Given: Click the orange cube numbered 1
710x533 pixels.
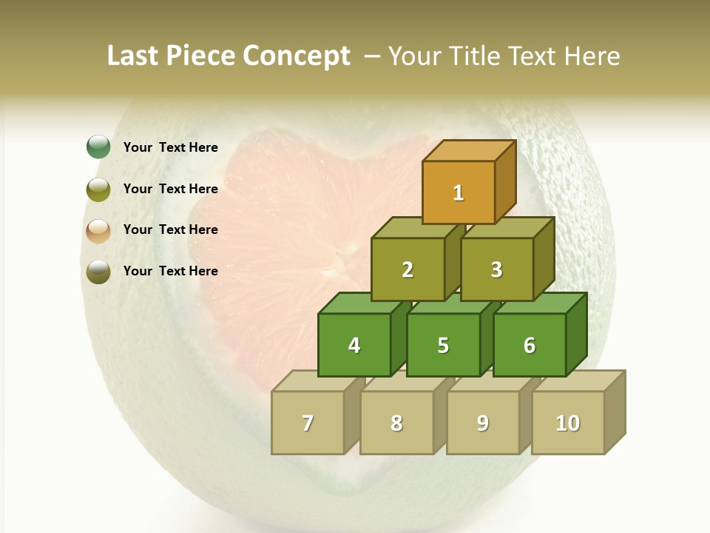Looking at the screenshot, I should click(458, 192).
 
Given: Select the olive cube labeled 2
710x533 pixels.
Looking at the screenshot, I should click(408, 269).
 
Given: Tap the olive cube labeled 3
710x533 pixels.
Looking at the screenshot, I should click(496, 269).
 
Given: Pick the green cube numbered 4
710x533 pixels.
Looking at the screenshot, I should click(354, 345).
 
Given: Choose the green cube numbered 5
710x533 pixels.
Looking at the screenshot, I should click(443, 345).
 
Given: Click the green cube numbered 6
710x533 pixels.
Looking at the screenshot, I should click(529, 345).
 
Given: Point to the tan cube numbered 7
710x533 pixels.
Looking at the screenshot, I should click(308, 423).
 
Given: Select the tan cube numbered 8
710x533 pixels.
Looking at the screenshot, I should click(396, 423).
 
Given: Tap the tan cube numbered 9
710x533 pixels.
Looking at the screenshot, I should click(482, 423).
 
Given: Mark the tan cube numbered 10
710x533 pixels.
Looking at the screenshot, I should click(567, 423).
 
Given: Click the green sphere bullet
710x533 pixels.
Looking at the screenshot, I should click(98, 147).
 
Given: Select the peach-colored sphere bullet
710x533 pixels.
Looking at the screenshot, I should click(98, 231).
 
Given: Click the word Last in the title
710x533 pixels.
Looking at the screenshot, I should click(133, 56).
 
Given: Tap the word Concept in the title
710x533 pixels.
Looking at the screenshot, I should click(297, 56).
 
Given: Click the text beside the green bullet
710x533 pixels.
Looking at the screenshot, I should click(170, 147).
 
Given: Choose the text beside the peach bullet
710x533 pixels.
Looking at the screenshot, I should click(170, 229).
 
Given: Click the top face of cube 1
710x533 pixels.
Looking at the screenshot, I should click(468, 150).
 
